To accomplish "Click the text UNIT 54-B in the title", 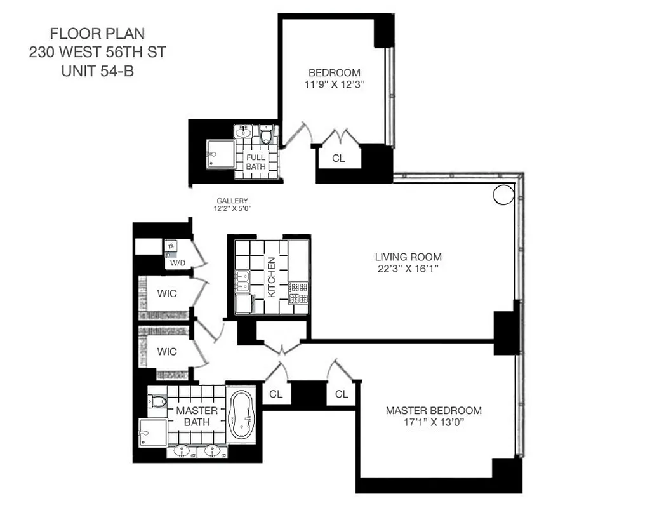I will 97,71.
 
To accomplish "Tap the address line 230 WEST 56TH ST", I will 97,52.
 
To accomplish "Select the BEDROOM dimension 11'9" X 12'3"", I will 334,84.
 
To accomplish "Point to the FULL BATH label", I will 256,162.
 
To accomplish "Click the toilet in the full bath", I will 266,135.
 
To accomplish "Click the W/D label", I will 177,262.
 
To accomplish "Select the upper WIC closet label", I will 166,294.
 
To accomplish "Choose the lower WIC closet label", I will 166,351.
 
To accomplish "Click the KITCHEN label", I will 271,277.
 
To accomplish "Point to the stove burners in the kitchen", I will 298,293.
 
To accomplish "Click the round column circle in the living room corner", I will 503,194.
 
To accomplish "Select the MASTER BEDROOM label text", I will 434,410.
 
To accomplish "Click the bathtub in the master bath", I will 241,416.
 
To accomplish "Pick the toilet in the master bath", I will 158,401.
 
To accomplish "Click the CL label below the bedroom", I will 338,158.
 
